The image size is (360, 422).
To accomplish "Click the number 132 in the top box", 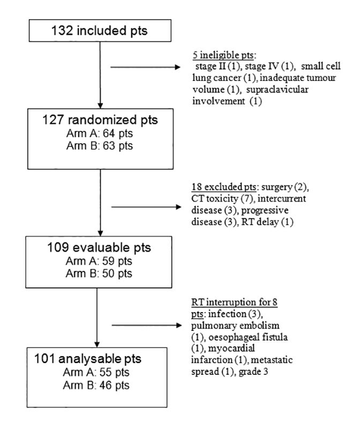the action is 62,31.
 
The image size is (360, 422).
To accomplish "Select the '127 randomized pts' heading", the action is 100,120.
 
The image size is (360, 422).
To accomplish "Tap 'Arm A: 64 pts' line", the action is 100,134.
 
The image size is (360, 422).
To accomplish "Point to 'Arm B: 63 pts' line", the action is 100,146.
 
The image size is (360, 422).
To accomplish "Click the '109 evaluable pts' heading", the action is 99,247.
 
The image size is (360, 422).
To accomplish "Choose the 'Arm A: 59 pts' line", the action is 99,261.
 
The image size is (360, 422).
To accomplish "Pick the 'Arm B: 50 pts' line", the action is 99,273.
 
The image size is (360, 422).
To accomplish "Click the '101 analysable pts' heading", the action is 88,359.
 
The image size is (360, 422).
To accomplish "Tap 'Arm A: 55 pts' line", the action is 96,373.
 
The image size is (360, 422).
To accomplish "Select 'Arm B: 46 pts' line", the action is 96,386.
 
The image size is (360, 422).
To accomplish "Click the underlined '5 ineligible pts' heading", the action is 223,55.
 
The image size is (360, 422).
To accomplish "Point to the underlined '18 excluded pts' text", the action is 224,187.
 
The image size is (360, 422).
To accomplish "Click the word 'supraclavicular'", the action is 277,90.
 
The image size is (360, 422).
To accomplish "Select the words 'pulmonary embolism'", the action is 235,325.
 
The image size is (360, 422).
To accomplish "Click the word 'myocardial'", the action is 231,348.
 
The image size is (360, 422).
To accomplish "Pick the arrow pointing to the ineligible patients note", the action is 146,67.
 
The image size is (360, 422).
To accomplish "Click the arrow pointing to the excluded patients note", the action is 146,206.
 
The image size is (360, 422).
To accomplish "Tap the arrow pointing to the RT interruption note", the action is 147,325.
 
